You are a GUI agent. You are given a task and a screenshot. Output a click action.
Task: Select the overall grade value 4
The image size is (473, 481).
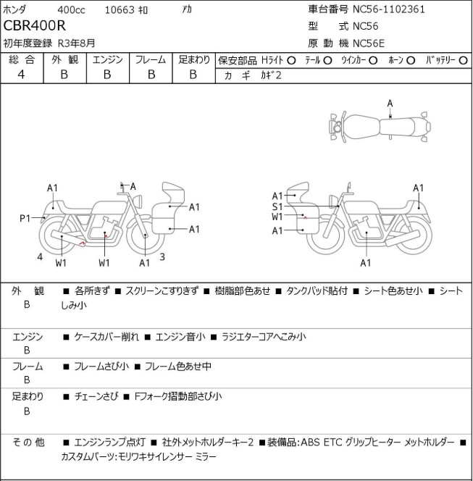[20, 74]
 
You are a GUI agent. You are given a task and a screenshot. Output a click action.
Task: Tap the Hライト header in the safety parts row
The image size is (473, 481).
[272, 60]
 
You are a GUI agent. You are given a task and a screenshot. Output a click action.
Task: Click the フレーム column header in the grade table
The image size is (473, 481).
[151, 59]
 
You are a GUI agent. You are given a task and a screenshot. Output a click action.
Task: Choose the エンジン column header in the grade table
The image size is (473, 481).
[107, 59]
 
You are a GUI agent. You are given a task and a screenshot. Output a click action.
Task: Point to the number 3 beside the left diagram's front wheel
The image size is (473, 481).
[162, 256]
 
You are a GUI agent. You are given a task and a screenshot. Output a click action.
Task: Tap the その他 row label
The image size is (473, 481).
[28, 441]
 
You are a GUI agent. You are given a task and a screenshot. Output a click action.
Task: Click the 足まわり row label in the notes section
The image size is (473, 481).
[28, 396]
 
